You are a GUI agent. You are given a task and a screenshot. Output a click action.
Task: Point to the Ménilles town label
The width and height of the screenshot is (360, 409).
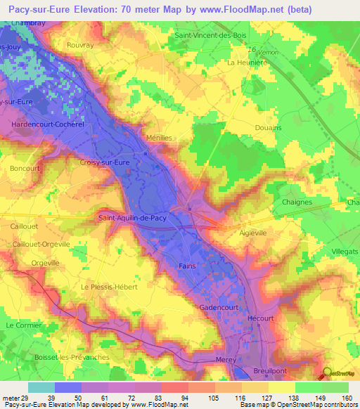click(158, 138)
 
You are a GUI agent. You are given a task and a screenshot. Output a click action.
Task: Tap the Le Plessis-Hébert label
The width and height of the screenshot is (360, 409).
click(109, 287)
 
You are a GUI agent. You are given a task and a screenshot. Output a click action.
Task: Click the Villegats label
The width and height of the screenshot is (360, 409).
click(344, 251)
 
